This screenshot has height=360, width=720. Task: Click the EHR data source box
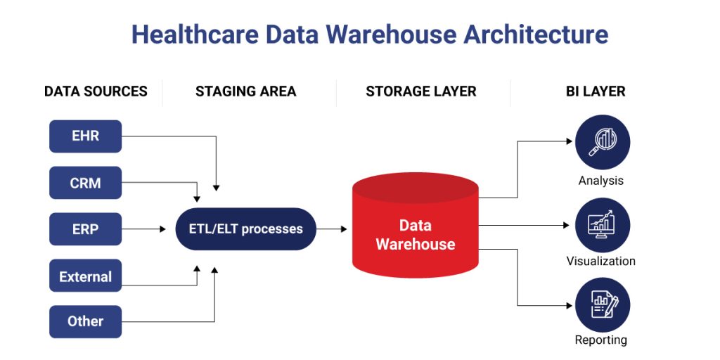(x=85, y=136)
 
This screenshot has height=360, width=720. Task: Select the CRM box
(x=85, y=183)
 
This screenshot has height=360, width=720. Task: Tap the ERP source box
(x=85, y=229)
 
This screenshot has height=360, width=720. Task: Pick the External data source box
(x=85, y=276)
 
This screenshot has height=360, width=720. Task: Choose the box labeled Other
(x=85, y=321)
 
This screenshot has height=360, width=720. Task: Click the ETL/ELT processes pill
(x=245, y=229)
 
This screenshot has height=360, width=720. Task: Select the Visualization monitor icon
(x=602, y=224)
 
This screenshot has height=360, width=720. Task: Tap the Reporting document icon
(x=602, y=306)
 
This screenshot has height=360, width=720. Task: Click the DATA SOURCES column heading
(x=96, y=91)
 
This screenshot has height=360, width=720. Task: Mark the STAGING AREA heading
(x=245, y=91)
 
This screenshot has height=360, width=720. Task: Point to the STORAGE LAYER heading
(x=420, y=91)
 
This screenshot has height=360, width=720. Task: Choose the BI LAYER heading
(x=595, y=91)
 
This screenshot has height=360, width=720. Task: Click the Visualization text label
(x=600, y=261)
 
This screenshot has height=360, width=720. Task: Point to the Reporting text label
(x=600, y=340)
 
